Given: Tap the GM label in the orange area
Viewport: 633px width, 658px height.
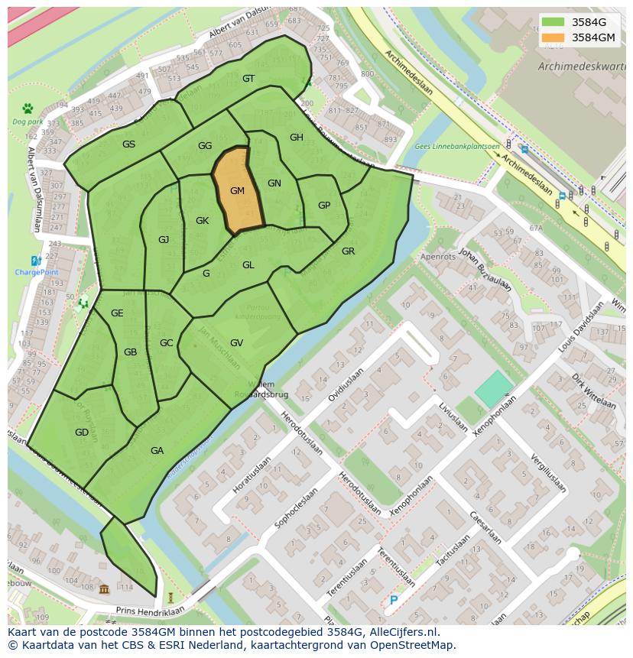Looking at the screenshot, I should pos(237,191).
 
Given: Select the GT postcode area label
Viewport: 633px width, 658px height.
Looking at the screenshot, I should pos(248,79).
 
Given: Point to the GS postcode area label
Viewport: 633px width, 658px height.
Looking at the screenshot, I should pos(128,144).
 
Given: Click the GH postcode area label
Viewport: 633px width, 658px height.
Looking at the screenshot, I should pos(297,138).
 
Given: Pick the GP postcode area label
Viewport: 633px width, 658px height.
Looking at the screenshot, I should pos(324,206).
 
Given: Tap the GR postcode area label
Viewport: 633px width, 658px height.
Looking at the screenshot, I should pos(348,251).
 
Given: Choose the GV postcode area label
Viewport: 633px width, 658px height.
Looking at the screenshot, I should pos(236,343).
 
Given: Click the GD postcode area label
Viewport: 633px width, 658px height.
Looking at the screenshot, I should pos(82,433).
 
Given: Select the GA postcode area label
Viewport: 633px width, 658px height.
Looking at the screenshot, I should pos(157,451).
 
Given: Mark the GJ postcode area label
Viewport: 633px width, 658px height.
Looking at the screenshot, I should pos(164,240).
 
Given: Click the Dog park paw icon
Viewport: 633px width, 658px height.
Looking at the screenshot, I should pos(28,109).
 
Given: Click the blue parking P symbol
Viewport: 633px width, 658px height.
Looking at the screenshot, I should pos(394,601).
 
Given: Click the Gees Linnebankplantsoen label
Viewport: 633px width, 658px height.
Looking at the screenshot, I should pos(456,146).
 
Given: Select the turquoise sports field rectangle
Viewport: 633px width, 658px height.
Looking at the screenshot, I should pos(494,390).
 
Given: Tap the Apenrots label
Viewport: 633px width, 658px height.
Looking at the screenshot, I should pos(438,257).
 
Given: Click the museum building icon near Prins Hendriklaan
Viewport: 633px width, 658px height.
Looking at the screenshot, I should pos(104,588).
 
